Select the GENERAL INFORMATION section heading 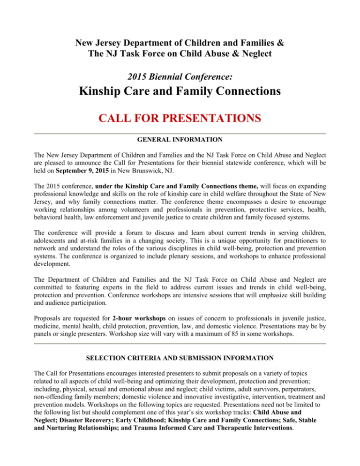pos(180,139)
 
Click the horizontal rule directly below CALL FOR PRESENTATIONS pos(180,134)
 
